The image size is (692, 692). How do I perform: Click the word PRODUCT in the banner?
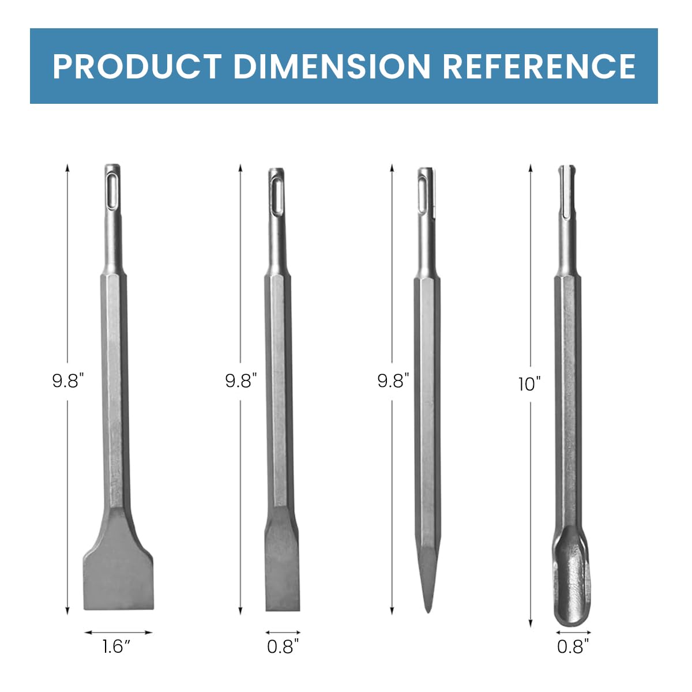click(137, 66)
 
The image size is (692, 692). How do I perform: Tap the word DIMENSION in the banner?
click(332, 66)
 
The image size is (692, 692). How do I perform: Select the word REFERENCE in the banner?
click(539, 66)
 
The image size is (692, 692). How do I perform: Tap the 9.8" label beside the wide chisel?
click(68, 381)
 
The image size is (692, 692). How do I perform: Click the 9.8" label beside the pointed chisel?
click(393, 381)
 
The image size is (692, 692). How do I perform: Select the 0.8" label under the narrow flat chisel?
click(283, 646)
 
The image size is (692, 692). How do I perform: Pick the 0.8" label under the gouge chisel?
click(574, 646)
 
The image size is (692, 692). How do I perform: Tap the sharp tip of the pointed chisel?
click(427, 605)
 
